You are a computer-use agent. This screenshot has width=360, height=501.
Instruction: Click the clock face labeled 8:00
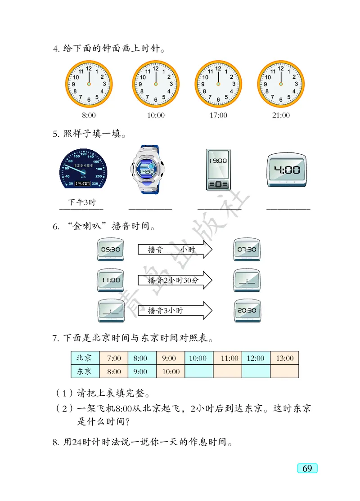[x=89, y=84]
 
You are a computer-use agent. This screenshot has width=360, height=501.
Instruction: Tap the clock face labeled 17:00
[x=218, y=84]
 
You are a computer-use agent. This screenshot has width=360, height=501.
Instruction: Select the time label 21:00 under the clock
[x=281, y=116]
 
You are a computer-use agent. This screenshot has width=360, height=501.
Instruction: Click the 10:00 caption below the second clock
[x=156, y=116]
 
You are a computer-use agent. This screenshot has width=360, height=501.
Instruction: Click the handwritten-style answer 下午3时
[x=81, y=202]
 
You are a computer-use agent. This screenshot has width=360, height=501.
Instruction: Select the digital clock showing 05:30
[x=111, y=250]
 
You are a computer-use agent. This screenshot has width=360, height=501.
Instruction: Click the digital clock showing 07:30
[x=247, y=250]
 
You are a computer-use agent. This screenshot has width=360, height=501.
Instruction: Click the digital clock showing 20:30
[x=247, y=311]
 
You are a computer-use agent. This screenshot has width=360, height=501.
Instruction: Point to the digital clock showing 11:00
[x=111, y=280]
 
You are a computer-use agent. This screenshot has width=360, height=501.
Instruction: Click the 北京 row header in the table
[x=84, y=358]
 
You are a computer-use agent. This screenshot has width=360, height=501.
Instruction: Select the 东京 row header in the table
[x=84, y=371]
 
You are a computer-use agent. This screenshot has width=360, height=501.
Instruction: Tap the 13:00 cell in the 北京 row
[x=284, y=358]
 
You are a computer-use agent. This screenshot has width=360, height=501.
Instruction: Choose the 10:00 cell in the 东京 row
[x=171, y=371]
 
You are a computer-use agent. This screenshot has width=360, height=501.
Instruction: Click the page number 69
[x=307, y=468]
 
